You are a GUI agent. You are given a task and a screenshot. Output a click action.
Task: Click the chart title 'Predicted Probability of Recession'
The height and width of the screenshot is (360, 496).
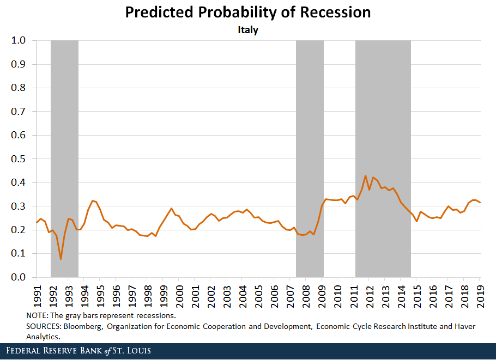pyautogui.click(x=248, y=13)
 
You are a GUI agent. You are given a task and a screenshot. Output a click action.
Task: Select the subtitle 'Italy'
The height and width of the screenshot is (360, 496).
pyautogui.click(x=248, y=30)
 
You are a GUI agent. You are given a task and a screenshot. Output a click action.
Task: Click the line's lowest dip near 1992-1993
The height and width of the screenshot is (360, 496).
pyautogui.click(x=61, y=259)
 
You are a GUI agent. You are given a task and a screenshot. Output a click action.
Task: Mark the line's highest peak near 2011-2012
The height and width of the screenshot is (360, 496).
pyautogui.click(x=365, y=176)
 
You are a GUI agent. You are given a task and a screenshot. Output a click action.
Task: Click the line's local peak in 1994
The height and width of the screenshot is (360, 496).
pyautogui.click(x=92, y=201)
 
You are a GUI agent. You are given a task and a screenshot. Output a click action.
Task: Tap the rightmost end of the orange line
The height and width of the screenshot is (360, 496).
pyautogui.click(x=480, y=203)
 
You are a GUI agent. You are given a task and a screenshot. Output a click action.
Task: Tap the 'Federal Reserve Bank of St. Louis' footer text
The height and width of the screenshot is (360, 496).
pyautogui.click(x=78, y=350)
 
